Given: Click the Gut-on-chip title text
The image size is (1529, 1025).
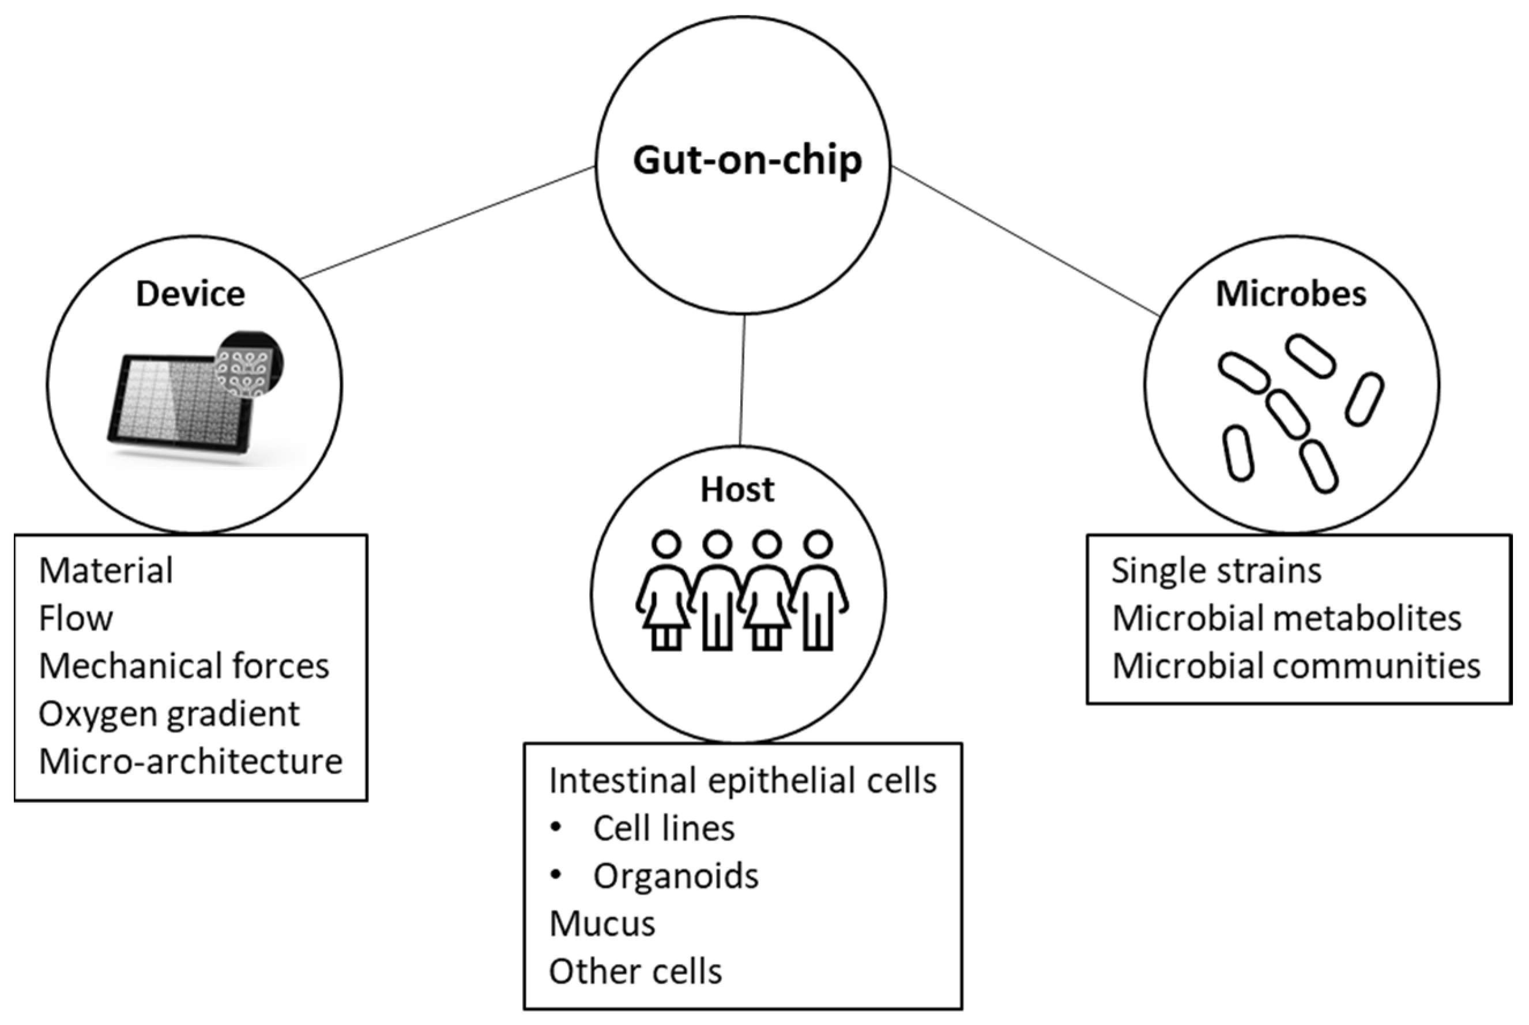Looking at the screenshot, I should click(747, 160).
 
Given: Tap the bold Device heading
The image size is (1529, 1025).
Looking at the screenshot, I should click(190, 293).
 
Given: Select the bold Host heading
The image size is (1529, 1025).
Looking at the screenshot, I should click(737, 489).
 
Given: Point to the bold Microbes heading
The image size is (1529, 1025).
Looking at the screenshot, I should click(1290, 293).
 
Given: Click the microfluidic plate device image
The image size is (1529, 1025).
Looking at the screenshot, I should click(176, 405).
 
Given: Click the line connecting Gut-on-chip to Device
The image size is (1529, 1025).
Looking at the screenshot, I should click(449, 223).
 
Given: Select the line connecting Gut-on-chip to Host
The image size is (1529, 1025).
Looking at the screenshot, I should click(743, 379).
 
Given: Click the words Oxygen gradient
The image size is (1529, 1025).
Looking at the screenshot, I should click(169, 714).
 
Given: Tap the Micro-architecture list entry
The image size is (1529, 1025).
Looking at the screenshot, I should click(190, 762).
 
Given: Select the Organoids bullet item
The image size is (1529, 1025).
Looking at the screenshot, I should click(675, 876).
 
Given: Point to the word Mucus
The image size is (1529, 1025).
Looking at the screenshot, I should click(602, 924).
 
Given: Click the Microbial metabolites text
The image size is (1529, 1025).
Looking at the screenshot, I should click(1286, 619).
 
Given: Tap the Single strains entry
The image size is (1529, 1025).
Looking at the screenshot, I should click(1217, 571).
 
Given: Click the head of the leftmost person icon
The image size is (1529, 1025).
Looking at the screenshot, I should click(666, 544).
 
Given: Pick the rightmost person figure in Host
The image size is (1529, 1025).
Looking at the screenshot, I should click(819, 591).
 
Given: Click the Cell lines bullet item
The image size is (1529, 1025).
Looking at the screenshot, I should click(664, 828).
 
